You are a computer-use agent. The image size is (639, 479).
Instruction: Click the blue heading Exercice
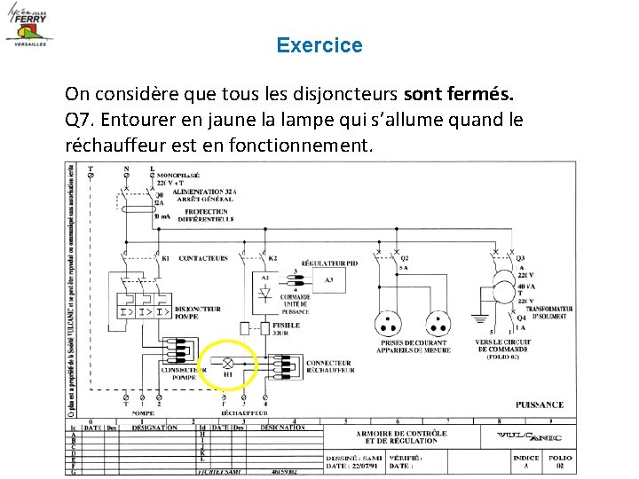(319, 45)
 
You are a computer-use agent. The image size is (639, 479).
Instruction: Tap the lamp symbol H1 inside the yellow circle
(226, 364)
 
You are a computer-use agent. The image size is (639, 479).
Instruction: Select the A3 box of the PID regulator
(329, 280)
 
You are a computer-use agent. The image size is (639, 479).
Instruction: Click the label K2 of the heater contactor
(273, 258)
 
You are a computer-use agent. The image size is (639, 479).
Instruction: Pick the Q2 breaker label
(405, 257)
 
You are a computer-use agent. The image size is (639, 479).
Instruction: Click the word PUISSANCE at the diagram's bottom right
(540, 405)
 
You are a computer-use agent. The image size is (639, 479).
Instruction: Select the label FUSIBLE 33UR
(286, 328)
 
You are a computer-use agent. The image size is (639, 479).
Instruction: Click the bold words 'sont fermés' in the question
(458, 93)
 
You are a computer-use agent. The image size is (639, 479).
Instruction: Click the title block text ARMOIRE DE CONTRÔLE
(401, 434)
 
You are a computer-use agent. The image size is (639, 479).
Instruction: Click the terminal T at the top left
(90, 169)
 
